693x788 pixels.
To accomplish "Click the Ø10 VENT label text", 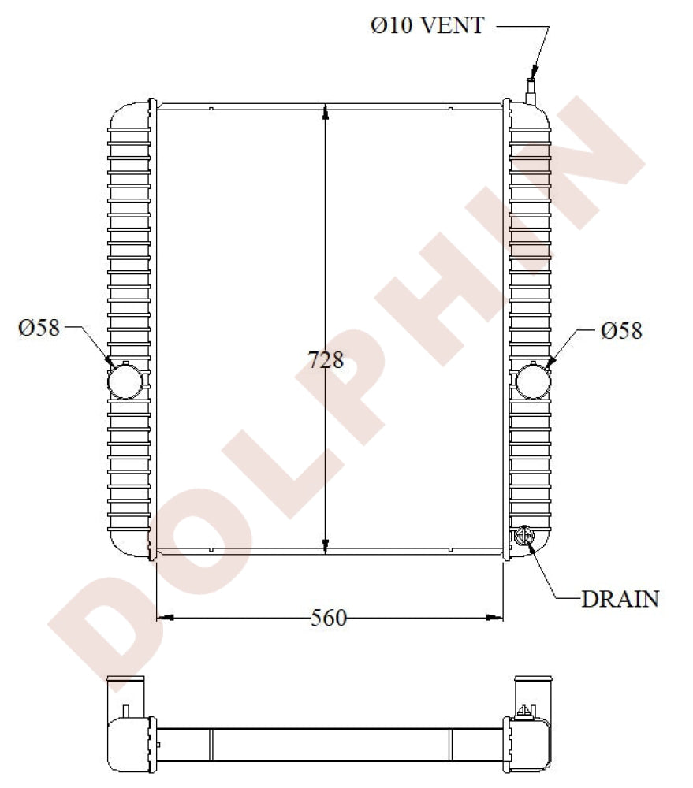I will (427, 25).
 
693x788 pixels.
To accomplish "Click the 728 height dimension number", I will (326, 360).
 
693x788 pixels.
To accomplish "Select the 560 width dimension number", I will (328, 619).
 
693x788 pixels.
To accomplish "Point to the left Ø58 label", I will (39, 328).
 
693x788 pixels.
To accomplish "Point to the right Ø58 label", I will (621, 330).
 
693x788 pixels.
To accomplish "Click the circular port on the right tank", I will (534, 380).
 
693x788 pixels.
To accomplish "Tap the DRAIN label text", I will (620, 599).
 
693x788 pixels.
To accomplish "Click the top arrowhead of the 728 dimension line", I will (326, 113).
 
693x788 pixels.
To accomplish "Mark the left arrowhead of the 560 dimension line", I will (164, 618).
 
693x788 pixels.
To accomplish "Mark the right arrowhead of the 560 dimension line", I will (496, 618).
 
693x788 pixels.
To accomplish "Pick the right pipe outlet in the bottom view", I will (534, 689).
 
